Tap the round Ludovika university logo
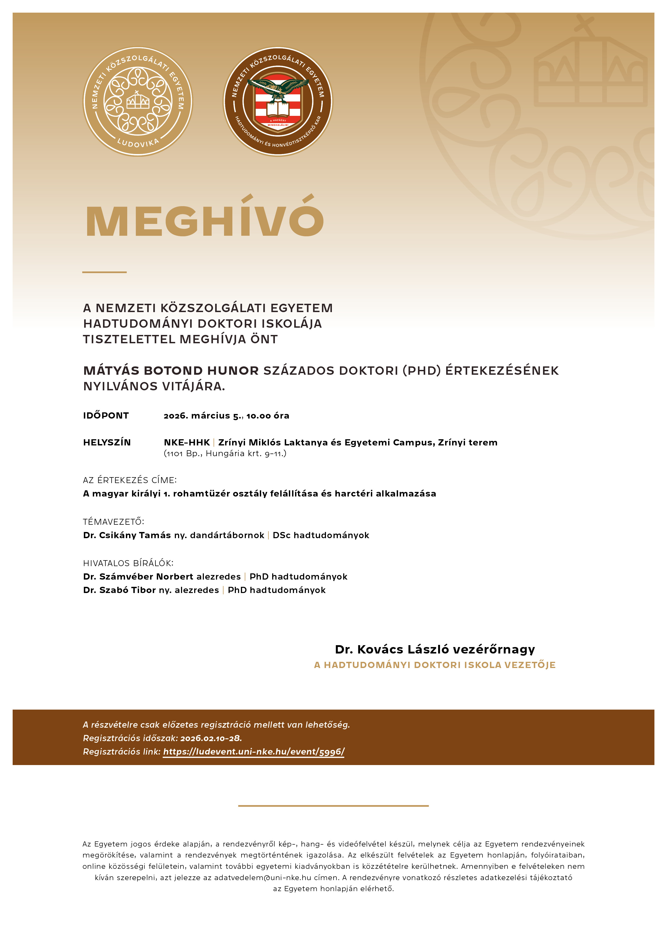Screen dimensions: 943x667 [138, 101]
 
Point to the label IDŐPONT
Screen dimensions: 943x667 [106, 416]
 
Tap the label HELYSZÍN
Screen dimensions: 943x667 [107, 442]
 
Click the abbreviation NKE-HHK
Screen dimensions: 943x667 [187, 442]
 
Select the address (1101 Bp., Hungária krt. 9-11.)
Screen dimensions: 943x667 [225, 453]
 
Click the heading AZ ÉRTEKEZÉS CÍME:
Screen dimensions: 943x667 [130, 480]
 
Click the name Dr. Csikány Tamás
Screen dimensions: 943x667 [127, 535]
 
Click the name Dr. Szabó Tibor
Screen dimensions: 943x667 [119, 590]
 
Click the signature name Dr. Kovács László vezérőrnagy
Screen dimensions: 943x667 [435, 649]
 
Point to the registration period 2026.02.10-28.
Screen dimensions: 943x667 [211, 738]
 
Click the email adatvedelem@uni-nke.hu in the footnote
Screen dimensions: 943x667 [262, 878]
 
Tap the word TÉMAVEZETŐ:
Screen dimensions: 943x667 [113, 521]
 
